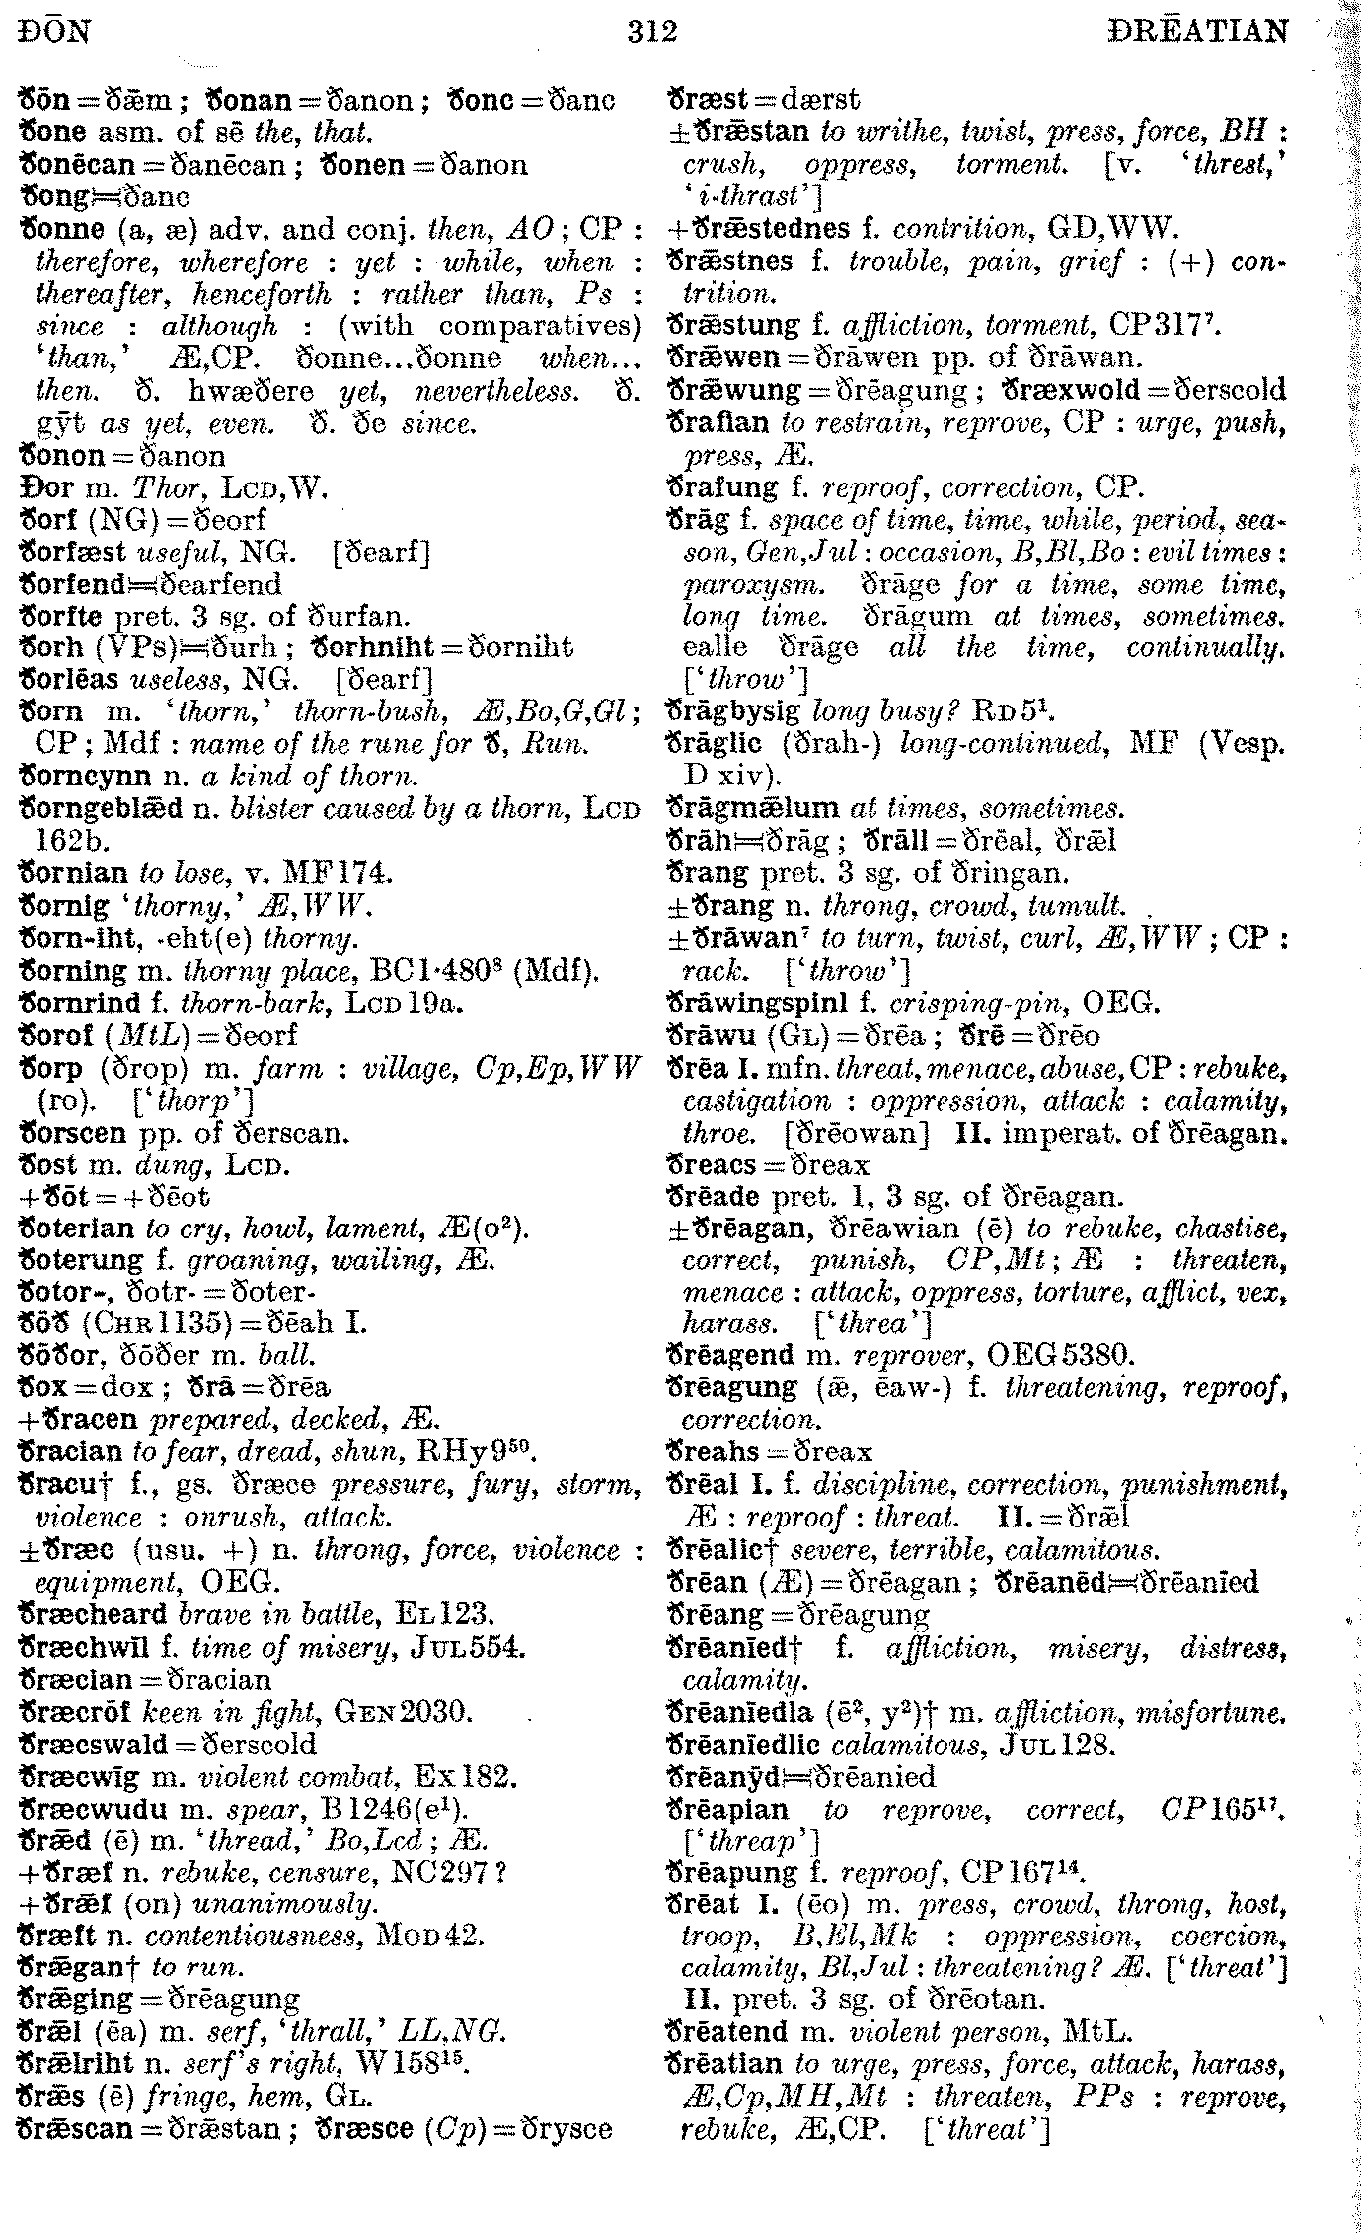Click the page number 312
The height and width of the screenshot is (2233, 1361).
652,34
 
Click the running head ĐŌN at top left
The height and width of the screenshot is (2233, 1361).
54,34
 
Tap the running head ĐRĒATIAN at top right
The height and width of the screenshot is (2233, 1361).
1198,34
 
